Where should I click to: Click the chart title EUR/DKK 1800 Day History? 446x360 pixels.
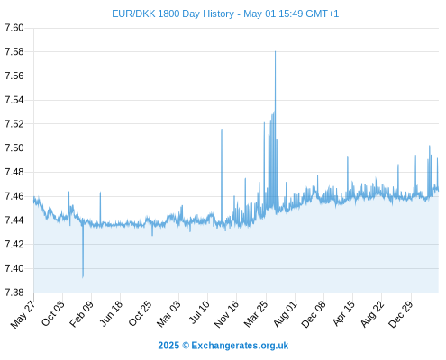click(173, 13)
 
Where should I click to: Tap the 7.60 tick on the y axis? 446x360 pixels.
click(14, 28)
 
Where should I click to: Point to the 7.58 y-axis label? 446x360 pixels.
click(14, 52)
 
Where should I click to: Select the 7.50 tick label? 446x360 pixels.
click(14, 148)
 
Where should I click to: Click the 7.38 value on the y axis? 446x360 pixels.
click(14, 292)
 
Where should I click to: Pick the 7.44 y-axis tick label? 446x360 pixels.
click(14, 220)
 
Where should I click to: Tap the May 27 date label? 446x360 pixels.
click(23, 314)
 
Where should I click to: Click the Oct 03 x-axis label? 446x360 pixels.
click(53, 313)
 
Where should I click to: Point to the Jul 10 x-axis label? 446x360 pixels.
click(199, 312)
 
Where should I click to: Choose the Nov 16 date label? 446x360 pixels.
click(226, 314)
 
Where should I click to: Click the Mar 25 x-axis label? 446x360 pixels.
click(256, 314)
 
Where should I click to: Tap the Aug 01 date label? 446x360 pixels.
click(285, 314)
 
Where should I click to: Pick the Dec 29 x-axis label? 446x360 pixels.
click(401, 314)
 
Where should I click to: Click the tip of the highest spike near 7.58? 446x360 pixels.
click(275, 51)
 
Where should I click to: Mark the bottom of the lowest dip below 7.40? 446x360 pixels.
click(83, 277)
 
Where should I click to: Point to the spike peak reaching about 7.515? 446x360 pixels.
click(222, 130)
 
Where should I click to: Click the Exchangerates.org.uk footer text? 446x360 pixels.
click(240, 346)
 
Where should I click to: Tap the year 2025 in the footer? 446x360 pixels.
click(168, 346)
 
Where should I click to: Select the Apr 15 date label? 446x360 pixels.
click(343, 313)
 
